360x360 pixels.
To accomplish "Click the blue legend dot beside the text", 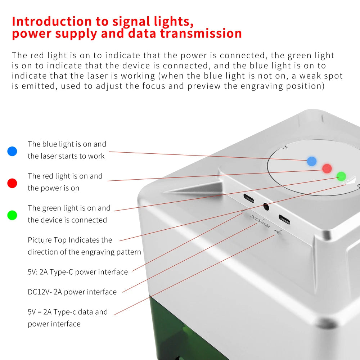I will click(x=12, y=151).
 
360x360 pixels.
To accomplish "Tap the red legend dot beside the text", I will click(x=12, y=183).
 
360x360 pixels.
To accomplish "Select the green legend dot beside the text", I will click(x=12, y=215).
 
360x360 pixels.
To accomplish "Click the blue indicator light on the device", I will click(x=312, y=161).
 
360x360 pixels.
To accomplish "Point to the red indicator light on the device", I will click(x=327, y=168).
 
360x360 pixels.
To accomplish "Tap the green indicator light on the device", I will click(x=341, y=176).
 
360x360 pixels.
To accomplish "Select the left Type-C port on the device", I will click(x=249, y=198).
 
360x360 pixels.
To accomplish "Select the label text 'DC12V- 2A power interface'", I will click(x=72, y=292).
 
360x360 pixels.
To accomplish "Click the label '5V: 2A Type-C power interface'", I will click(x=78, y=272).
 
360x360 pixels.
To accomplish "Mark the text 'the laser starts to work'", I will click(x=66, y=156).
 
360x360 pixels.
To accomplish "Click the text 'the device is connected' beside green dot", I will click(x=67, y=220).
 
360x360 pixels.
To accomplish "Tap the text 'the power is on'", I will click(x=53, y=188).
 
